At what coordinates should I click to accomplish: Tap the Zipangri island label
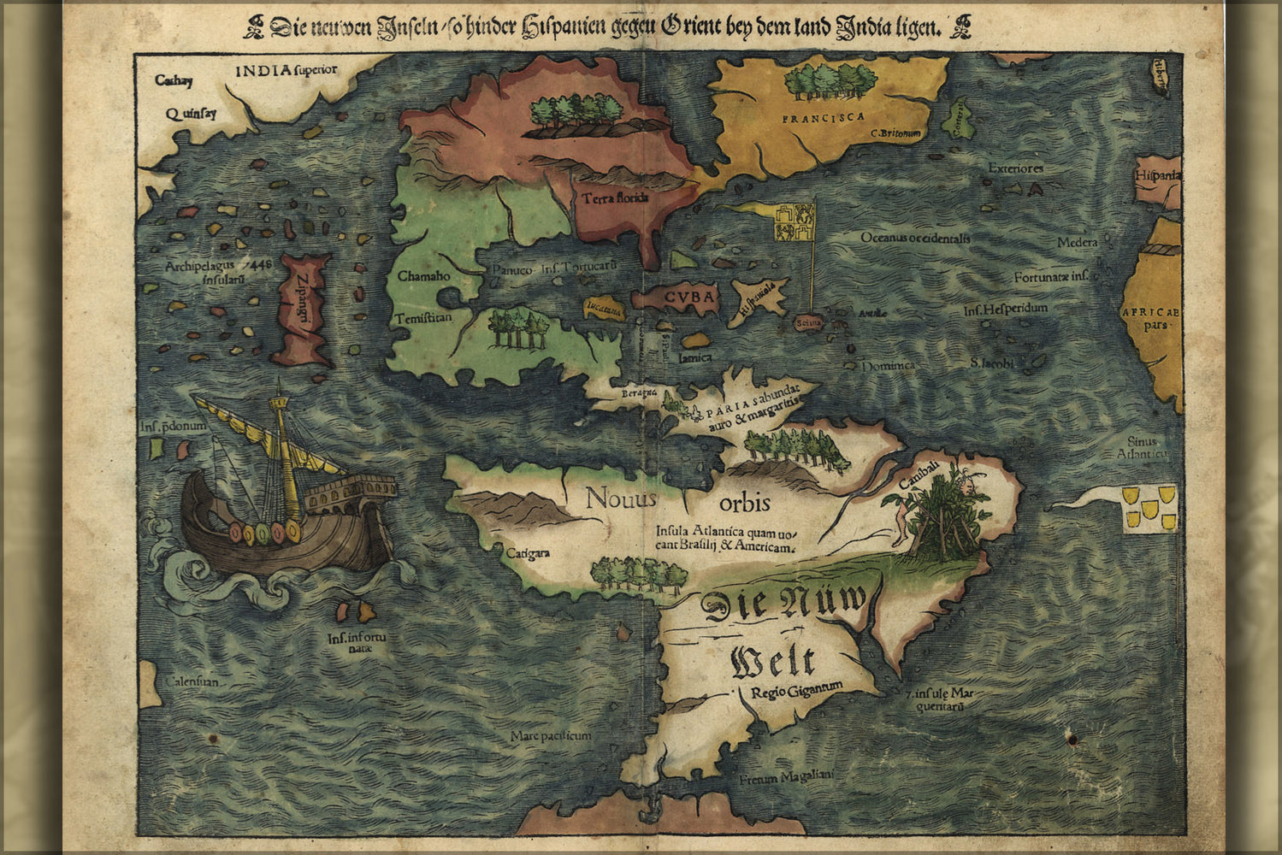[x=302, y=307]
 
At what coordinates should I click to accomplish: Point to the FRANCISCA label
[x=823, y=117]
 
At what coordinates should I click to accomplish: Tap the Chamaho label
[x=423, y=276]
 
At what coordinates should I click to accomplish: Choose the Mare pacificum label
[x=551, y=735]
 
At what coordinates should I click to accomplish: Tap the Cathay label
[x=174, y=81]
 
